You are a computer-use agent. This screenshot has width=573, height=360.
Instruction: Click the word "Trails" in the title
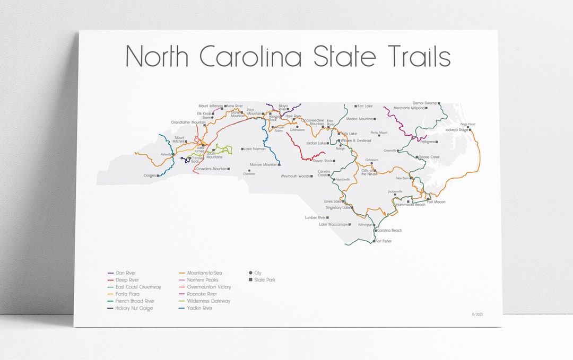point(413,57)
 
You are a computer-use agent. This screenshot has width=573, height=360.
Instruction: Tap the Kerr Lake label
point(365,106)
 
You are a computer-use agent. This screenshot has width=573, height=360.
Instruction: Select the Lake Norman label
point(255,149)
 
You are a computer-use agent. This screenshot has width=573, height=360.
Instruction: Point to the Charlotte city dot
point(249,170)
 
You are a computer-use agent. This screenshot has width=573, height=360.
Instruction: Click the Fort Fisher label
point(383,241)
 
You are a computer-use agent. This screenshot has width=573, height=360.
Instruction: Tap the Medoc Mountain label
point(360,119)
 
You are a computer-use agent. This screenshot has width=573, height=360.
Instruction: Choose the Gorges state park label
point(150,175)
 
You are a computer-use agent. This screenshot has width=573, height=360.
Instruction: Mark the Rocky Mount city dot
point(379,136)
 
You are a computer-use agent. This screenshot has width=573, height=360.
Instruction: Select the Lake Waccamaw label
point(333,224)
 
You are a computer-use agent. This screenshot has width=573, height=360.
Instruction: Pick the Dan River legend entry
point(126,273)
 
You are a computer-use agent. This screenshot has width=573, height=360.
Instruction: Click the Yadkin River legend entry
point(199,308)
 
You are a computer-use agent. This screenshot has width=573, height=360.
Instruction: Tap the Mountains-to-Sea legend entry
point(204,273)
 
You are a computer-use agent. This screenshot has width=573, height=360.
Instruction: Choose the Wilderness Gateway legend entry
point(209,301)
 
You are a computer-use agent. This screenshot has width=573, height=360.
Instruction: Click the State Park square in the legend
point(250,280)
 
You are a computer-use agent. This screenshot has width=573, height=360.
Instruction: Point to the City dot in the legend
point(250,273)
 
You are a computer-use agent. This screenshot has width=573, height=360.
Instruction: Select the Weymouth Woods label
point(296,176)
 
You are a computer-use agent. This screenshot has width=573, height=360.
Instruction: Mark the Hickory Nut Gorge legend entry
point(134,308)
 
